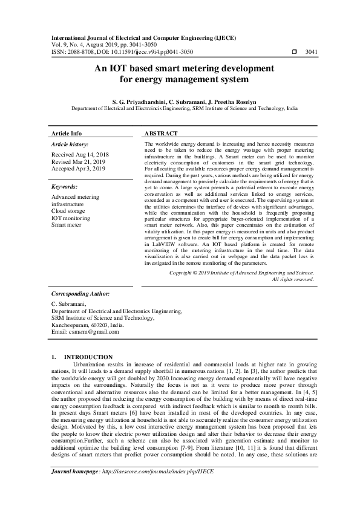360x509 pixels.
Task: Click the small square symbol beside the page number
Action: click(294, 52)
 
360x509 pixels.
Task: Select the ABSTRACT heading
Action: click(162, 133)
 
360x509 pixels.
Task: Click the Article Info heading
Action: click(67, 133)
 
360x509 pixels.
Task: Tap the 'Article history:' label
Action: click(70, 145)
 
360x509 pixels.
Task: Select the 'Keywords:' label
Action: click(64, 187)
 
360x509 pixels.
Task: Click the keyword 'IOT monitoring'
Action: click(71, 218)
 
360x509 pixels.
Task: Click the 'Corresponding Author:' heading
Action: click(80, 293)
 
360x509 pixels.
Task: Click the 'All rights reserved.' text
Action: click(293, 279)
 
